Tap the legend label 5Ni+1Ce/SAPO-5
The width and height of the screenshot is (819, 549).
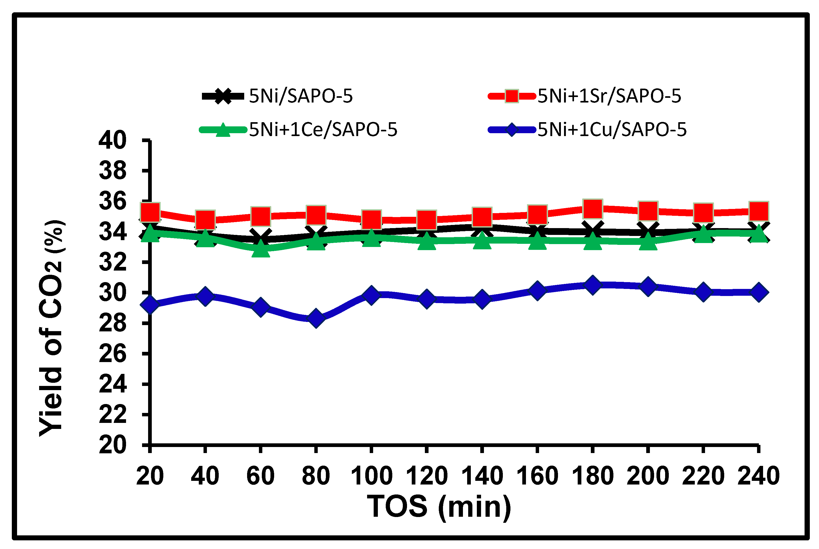pyautogui.click(x=323, y=130)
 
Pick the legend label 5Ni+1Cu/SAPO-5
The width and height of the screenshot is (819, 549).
pyautogui.click(x=612, y=130)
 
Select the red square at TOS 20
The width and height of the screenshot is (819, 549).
pyautogui.click(x=150, y=212)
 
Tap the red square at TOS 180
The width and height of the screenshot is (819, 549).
pyautogui.click(x=592, y=209)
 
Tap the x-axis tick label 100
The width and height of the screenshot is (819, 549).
pyautogui.click(x=371, y=476)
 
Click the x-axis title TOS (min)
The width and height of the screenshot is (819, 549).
pyautogui.click(x=439, y=507)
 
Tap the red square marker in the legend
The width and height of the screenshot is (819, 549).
pyautogui.click(x=512, y=96)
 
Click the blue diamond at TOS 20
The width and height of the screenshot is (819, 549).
pyautogui.click(x=150, y=305)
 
